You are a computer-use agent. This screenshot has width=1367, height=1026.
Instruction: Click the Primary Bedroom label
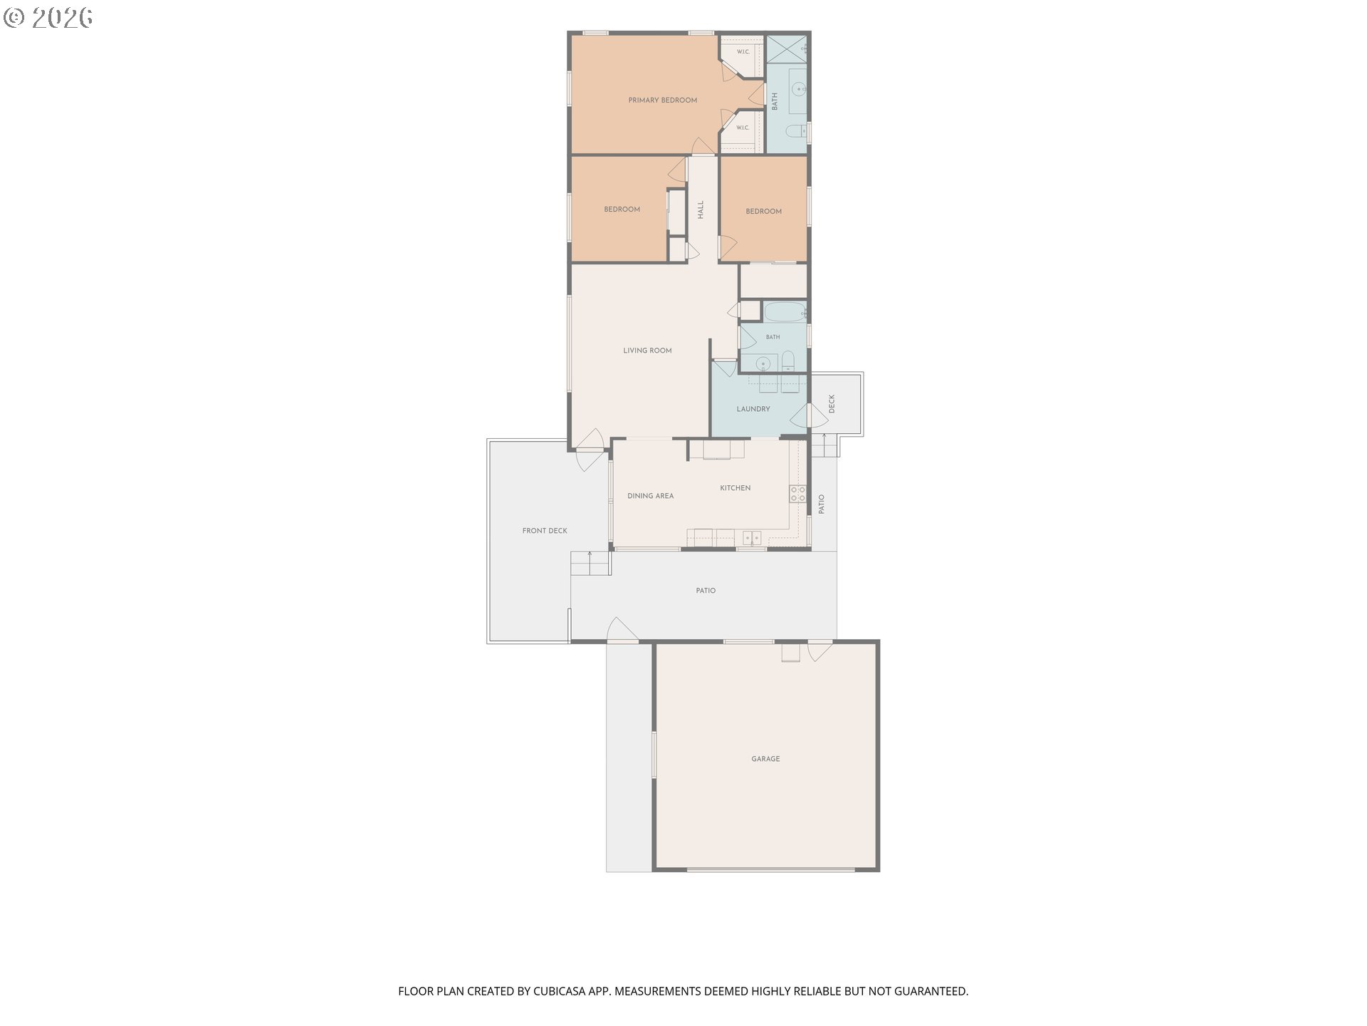point(662,100)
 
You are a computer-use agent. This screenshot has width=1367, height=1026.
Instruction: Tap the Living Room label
point(647,351)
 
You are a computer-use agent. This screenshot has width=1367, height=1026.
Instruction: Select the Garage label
point(765,759)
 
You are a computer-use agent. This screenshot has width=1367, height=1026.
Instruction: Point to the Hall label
point(701,209)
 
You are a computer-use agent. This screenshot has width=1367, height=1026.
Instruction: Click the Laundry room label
point(753,409)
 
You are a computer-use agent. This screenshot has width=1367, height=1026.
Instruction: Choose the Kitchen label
point(735,488)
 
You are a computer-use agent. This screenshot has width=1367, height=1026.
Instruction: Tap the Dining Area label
point(650,496)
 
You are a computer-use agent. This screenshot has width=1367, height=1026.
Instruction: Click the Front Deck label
point(545,531)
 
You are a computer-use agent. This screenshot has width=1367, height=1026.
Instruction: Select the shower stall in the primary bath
point(787,48)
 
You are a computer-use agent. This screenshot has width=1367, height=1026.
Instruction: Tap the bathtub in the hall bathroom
point(785,312)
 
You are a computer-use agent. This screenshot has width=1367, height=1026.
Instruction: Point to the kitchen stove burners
point(797,494)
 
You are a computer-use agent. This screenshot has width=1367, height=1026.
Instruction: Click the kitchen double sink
point(752,538)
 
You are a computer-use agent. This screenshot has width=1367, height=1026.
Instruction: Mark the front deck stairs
point(590,563)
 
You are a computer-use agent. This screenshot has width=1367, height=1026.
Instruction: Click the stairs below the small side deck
point(824,445)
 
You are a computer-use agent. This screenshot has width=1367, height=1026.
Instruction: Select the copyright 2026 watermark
point(48,17)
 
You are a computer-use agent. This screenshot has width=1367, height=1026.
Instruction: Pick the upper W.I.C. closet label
point(743,52)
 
